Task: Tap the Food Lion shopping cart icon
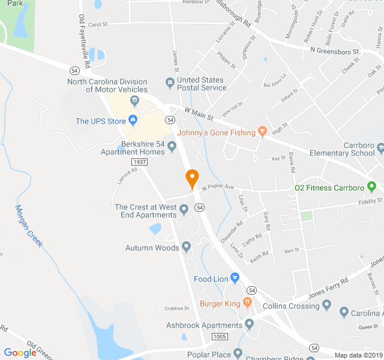(235, 278)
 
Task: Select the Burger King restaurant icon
(247, 303)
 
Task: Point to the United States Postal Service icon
(170, 82)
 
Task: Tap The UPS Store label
(101, 121)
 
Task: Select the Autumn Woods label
(152, 248)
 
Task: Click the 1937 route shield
(139, 162)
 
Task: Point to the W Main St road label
(199, 111)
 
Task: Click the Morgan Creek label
(28, 230)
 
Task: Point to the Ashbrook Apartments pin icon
(250, 325)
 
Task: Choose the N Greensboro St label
(334, 52)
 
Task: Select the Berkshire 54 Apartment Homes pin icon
(172, 146)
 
